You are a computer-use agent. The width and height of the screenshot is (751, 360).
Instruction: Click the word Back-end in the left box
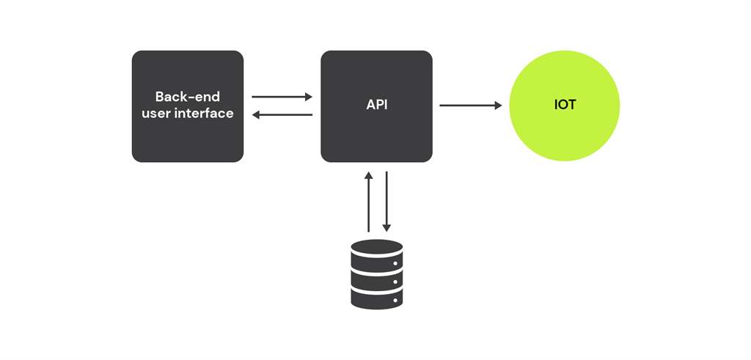(187, 97)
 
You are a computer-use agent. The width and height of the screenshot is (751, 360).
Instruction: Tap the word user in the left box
(155, 114)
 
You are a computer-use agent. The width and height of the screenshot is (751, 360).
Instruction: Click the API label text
(376, 105)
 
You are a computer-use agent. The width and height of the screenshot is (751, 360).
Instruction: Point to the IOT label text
(565, 105)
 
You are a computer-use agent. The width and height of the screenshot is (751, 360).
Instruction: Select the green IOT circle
(565, 128)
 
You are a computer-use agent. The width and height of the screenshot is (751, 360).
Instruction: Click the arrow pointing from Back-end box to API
(282, 96)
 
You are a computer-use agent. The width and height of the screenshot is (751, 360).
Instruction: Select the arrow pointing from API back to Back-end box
(282, 114)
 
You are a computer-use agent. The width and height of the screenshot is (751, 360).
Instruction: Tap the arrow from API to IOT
(469, 106)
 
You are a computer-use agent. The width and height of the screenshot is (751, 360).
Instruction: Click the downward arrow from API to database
(387, 202)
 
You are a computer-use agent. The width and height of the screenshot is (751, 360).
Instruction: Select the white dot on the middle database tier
(395, 282)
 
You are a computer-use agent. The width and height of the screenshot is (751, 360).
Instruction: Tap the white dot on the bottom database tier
(395, 299)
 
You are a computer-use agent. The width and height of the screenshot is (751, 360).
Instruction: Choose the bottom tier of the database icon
(376, 298)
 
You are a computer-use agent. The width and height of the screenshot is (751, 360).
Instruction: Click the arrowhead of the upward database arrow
(368, 176)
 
